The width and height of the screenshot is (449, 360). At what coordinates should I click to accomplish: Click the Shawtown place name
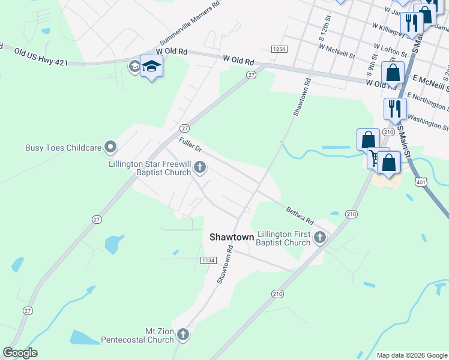pyautogui.click(x=232, y=237)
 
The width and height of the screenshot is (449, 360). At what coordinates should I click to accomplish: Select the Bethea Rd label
pyautogui.click(x=300, y=212)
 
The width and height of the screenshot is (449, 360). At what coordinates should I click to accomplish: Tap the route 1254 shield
pyautogui.click(x=279, y=49)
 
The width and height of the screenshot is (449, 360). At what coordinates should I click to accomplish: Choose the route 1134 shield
pyautogui.click(x=208, y=260)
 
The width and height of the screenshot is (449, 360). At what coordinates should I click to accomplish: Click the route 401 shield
pyautogui.click(x=421, y=181)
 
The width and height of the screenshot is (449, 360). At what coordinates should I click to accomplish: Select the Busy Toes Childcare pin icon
pyautogui.click(x=110, y=146)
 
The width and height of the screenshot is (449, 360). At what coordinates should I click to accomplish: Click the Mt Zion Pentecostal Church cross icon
pyautogui.click(x=183, y=335)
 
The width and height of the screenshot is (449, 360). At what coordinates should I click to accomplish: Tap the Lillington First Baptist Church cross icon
pyautogui.click(x=320, y=238)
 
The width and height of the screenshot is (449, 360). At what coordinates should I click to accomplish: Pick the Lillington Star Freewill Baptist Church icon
pyautogui.click(x=200, y=168)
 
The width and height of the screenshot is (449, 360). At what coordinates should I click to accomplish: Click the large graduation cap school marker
pyautogui.click(x=152, y=67)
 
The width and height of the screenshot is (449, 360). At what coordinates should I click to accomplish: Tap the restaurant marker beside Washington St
pyautogui.click(x=395, y=109)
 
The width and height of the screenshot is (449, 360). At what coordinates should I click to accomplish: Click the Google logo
pyautogui.click(x=20, y=353)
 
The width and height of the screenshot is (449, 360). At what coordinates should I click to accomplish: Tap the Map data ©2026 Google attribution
pyautogui.click(x=412, y=355)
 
